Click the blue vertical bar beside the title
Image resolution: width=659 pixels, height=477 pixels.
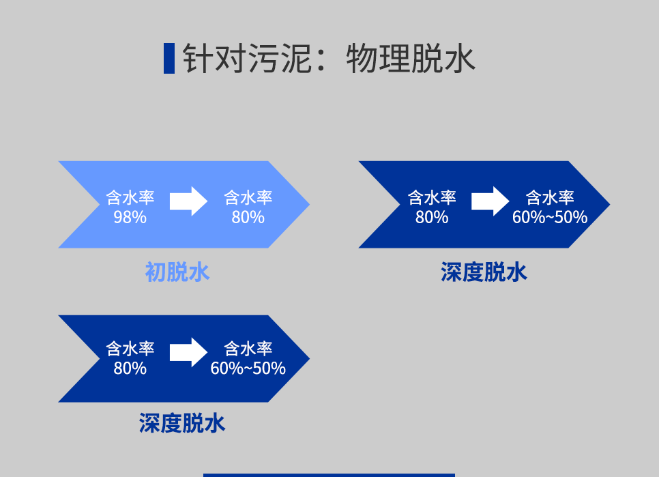coord(169,58)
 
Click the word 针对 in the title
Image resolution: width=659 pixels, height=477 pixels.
coord(214,58)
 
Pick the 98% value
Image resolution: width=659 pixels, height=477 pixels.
coord(130,217)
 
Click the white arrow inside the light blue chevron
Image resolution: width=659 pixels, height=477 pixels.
coord(189,201)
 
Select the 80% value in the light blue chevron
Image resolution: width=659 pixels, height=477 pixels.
coord(248,217)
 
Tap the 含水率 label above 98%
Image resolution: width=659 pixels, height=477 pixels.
coord(130,197)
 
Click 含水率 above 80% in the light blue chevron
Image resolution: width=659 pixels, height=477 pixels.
coord(248,197)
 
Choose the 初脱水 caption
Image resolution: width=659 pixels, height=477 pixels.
coord(177,272)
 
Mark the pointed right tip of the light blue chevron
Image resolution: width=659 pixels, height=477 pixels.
coord(309,205)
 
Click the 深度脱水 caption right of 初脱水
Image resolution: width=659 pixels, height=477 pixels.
coord(484,272)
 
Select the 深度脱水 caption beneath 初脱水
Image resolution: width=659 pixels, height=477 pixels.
coord(182,423)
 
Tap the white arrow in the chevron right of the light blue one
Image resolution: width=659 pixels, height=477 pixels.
coord(490,201)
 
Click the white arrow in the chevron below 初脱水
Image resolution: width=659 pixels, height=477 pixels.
coord(189,353)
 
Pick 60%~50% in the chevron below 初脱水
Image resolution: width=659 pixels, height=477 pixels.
coord(248,368)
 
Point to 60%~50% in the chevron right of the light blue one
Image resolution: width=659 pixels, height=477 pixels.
coord(550,217)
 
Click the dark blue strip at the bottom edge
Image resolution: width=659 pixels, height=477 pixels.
coord(329,476)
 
